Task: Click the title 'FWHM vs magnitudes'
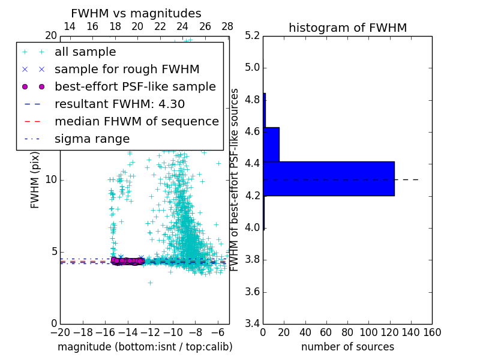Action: [x=136, y=14]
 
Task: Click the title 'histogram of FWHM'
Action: [x=347, y=28]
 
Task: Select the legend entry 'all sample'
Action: [x=85, y=52]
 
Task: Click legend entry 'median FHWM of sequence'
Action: [x=136, y=121]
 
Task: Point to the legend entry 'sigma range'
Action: [x=92, y=139]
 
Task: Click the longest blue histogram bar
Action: [x=329, y=178]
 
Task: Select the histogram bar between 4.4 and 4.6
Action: [x=271, y=144]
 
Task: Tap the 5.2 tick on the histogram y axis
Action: [x=252, y=35]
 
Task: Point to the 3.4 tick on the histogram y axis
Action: [x=252, y=324]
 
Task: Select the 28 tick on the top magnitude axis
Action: [x=227, y=26]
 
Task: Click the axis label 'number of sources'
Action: [x=347, y=347]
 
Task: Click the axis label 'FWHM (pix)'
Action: [x=35, y=179]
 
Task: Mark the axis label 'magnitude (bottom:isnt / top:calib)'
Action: [x=145, y=347]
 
